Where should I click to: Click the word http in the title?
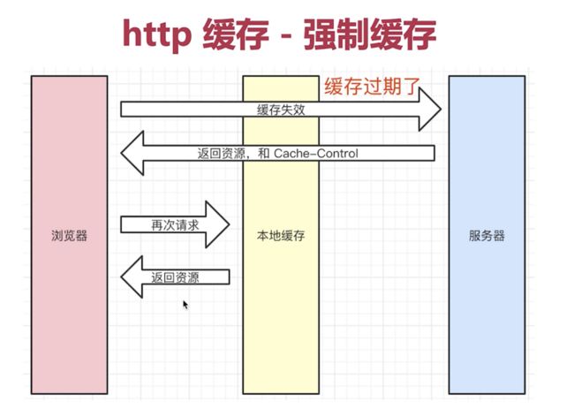pyautogui.click(x=156, y=35)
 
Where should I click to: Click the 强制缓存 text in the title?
pyautogui.click(x=369, y=34)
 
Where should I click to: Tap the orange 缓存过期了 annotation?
pyautogui.click(x=372, y=87)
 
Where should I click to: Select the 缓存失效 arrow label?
pyautogui.click(x=281, y=110)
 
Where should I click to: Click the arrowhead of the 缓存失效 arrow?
pyautogui.click(x=430, y=110)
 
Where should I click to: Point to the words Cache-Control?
pyautogui.click(x=316, y=153)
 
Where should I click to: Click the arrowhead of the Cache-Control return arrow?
pyautogui.click(x=132, y=153)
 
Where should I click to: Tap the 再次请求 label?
pyautogui.click(x=176, y=225)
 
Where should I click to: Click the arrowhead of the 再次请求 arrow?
pyautogui.click(x=217, y=224)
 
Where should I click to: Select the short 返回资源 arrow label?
pyautogui.click(x=176, y=277)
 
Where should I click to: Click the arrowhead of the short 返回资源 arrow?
pyautogui.click(x=132, y=276)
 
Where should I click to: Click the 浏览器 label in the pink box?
pyautogui.click(x=69, y=235)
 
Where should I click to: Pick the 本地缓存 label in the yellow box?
pyautogui.click(x=281, y=235)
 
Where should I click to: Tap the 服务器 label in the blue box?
pyautogui.click(x=487, y=235)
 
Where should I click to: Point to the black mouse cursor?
pyautogui.click(x=185, y=305)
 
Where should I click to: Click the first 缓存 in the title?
pyautogui.click(x=236, y=34)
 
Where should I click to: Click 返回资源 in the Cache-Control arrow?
pyautogui.click(x=221, y=153)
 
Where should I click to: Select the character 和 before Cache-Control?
pyautogui.click(x=263, y=153)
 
